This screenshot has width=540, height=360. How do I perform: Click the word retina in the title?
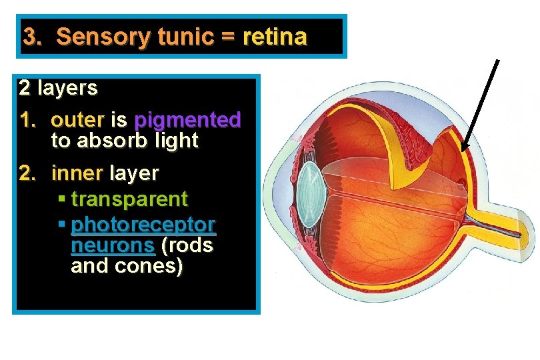click(x=275, y=37)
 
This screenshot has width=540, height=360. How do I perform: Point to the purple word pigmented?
click(x=187, y=121)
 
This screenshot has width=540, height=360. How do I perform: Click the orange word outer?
click(x=77, y=121)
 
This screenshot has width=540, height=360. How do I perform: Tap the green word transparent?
click(x=129, y=199)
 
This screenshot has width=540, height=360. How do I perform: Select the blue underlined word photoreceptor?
click(x=143, y=223)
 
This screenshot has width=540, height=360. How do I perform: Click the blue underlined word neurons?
click(x=112, y=245)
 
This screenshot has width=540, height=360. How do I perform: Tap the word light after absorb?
click(x=175, y=141)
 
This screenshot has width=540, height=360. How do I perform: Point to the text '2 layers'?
click(x=58, y=87)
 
